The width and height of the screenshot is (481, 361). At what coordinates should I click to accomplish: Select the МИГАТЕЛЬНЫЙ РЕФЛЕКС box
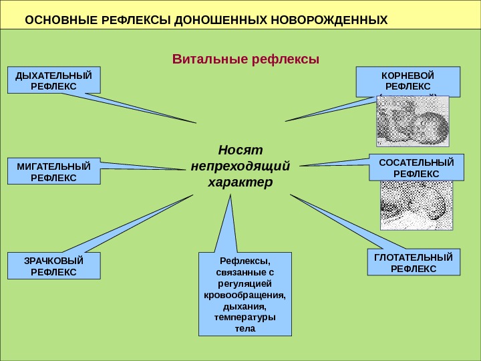coord(53,171)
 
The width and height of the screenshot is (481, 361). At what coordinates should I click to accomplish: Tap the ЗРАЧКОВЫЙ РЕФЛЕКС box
coord(53,266)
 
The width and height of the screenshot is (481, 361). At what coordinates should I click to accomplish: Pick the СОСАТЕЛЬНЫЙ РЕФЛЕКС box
coord(416,167)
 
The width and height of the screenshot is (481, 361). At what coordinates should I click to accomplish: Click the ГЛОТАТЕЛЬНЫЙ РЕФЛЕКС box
coord(414,262)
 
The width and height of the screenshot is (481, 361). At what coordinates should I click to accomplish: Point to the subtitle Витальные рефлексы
coord(246,59)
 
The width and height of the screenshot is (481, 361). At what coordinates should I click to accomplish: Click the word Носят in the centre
coord(241,148)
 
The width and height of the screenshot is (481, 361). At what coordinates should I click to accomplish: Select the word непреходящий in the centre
coord(240,165)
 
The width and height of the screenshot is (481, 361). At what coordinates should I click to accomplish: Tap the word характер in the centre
coord(240,182)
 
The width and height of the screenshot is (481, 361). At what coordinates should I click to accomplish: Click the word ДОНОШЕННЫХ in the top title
coord(220,19)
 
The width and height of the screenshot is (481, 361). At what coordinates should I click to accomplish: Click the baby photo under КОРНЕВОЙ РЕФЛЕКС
coord(412,122)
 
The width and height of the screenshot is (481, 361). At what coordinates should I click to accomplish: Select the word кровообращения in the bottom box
coord(246,295)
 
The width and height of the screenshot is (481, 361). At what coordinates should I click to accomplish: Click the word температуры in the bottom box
coord(246,318)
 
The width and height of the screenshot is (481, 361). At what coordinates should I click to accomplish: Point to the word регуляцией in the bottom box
coord(246,283)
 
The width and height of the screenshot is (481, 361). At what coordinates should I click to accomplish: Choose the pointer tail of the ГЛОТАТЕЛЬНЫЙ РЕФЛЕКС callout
coord(334,221)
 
